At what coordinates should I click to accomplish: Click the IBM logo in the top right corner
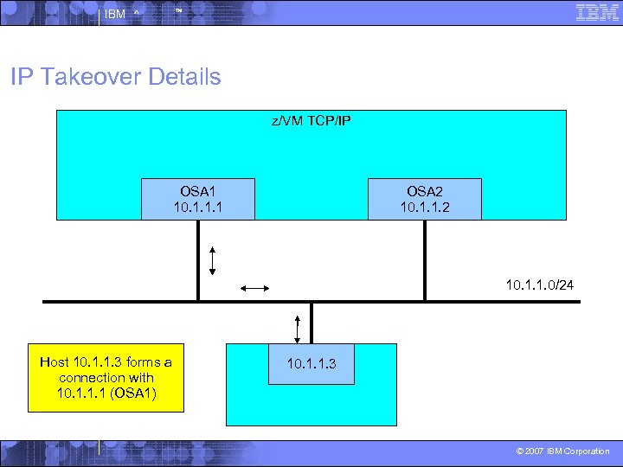(x=597, y=12)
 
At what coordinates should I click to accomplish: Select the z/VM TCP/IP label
(x=311, y=121)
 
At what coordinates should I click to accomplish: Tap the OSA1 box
(x=200, y=199)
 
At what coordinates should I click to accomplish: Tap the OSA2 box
(x=424, y=199)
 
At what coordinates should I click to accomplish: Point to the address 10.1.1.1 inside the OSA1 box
(x=200, y=208)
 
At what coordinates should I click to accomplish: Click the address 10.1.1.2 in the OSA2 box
(x=424, y=208)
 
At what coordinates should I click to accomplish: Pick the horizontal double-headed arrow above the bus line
(x=256, y=288)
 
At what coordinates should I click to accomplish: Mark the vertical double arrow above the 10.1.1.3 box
(x=297, y=329)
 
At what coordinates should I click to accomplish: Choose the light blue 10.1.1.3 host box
(x=311, y=364)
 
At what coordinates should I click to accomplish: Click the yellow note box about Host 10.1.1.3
(x=106, y=378)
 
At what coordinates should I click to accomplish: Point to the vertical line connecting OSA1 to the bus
(x=198, y=260)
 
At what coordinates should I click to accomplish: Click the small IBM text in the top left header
(x=114, y=14)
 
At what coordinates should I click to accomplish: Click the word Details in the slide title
(x=184, y=77)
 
